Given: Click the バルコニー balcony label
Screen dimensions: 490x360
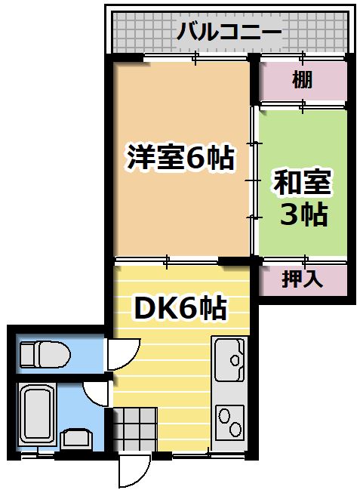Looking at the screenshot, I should [228, 32].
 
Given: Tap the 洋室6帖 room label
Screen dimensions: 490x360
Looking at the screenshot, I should [180, 159].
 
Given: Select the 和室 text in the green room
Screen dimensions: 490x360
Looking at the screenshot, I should [302, 183].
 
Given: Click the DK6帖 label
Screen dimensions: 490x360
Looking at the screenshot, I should [180, 307].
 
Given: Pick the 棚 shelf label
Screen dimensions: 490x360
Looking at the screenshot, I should [302, 79].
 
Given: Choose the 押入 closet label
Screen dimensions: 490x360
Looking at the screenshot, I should [302, 279].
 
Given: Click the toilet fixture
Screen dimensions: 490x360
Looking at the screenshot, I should [44, 353].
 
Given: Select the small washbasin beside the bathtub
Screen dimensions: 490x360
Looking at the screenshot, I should [75, 439].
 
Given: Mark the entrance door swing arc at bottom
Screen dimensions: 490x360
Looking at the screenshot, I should [133, 472].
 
